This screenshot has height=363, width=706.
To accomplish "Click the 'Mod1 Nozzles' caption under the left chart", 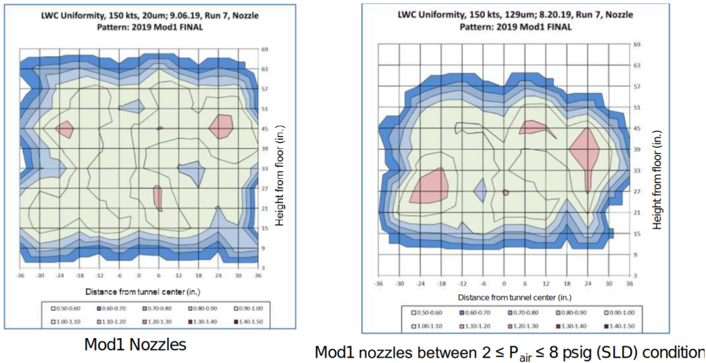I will pyautogui.click(x=135, y=345).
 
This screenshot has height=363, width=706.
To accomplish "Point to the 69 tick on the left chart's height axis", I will pyautogui.click(x=264, y=49).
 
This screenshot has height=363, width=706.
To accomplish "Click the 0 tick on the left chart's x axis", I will pyautogui.click(x=138, y=277).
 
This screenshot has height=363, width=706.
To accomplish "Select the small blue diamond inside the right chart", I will pyautogui.click(x=480, y=191).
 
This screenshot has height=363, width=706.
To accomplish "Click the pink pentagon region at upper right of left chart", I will pyautogui.click(x=221, y=126).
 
